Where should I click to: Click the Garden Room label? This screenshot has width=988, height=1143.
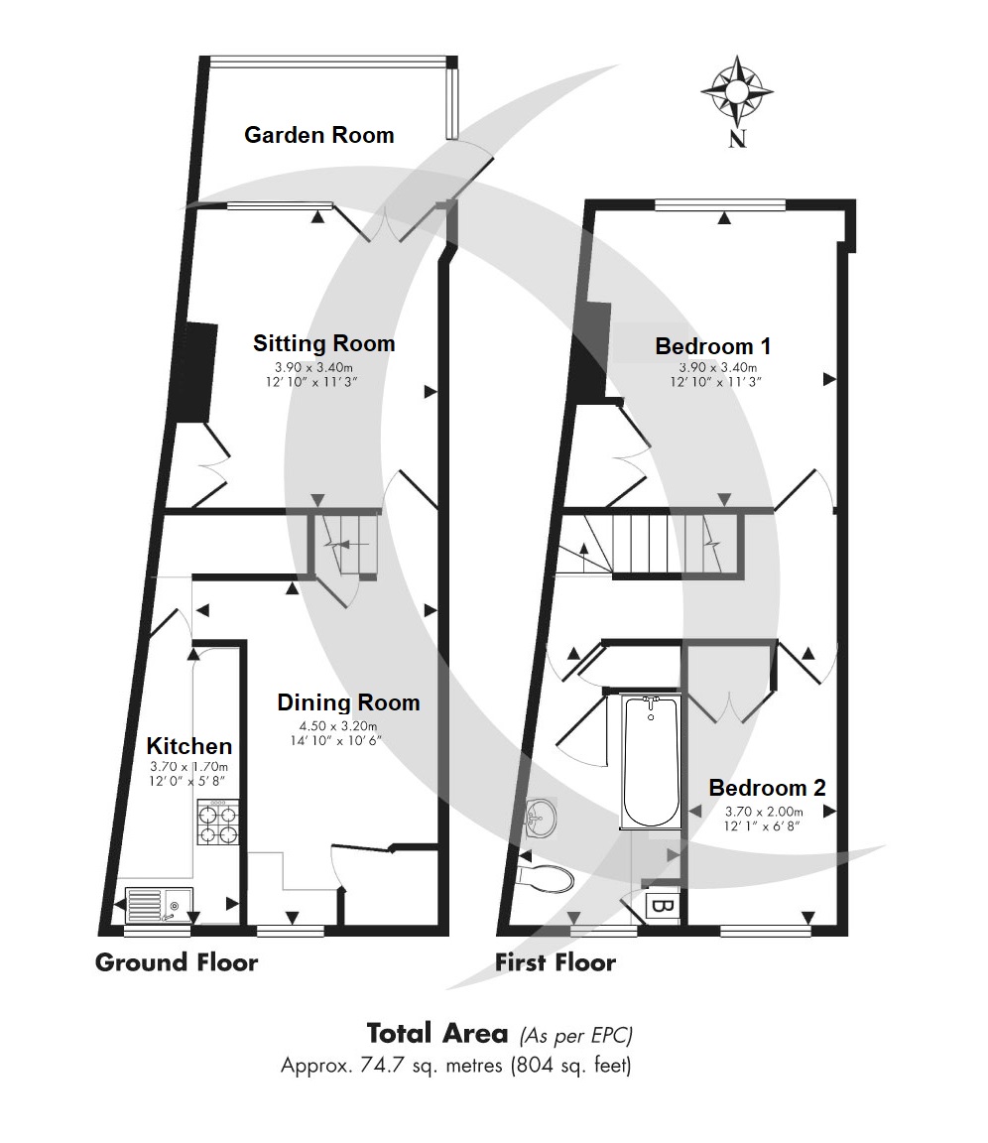(319, 135)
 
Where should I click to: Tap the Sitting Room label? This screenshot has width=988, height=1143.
(324, 343)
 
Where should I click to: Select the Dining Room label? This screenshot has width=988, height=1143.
(349, 702)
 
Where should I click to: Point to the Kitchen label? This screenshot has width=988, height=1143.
(189, 746)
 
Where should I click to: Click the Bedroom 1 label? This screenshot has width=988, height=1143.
(713, 346)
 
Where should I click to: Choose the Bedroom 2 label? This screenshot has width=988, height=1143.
(767, 788)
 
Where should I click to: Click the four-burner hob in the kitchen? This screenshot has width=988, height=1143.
(218, 823)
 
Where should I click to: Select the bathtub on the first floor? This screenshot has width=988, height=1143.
(651, 761)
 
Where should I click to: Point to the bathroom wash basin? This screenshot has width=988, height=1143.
(540, 817)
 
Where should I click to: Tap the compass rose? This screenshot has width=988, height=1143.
(737, 91)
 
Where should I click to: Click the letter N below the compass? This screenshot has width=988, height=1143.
(737, 139)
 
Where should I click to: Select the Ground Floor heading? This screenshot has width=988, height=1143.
(177, 963)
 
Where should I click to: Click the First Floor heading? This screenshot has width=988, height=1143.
(556, 963)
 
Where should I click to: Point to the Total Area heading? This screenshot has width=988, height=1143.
(437, 1034)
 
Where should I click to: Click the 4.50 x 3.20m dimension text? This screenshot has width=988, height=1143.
(338, 726)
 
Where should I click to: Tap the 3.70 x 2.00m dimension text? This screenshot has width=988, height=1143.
(765, 812)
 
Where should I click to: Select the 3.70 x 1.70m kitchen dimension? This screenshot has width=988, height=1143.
(189, 767)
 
